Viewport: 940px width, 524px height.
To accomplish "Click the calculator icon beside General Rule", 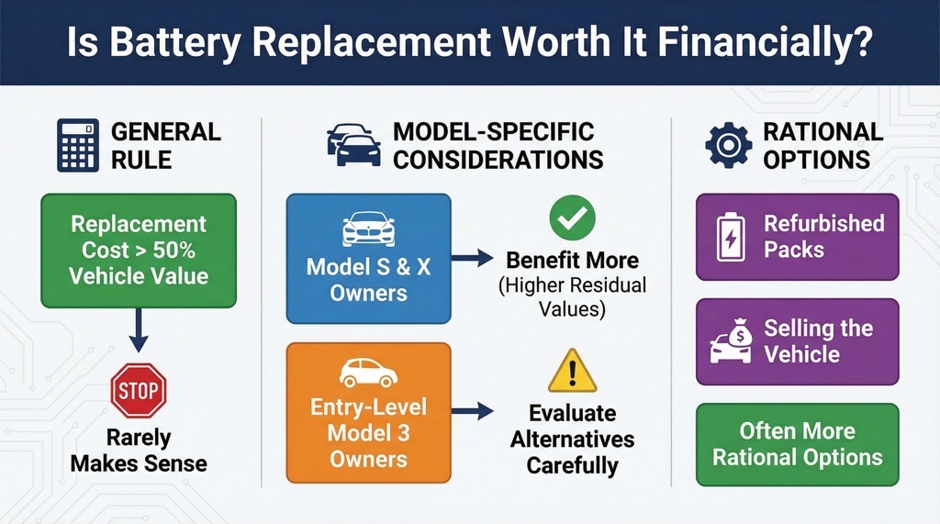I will [x=78, y=145].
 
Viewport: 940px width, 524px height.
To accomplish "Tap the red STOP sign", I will [x=138, y=391].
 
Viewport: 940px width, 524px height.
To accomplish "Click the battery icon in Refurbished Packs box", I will [x=732, y=237].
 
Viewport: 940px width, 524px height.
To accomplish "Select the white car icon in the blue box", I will [x=369, y=230].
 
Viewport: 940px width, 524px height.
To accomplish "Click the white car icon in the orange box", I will [x=368, y=373].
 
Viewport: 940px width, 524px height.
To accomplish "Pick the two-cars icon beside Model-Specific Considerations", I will [x=353, y=145].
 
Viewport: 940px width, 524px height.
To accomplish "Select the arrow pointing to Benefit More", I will [x=473, y=260].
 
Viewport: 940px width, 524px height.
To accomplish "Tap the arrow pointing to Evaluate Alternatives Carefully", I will [x=473, y=411].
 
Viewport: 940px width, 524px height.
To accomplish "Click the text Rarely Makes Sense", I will [x=138, y=450].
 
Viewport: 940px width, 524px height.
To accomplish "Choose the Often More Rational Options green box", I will [x=797, y=444].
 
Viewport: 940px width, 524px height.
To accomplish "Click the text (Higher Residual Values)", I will [x=572, y=297].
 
